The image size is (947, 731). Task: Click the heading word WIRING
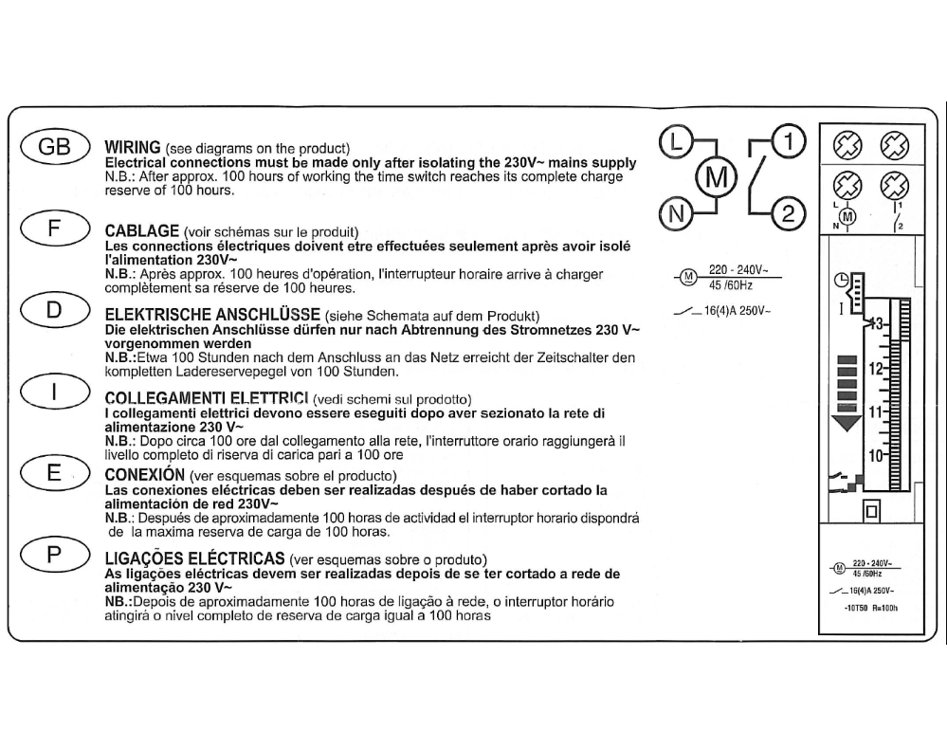pos(133,149)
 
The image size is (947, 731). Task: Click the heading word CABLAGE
pos(140,231)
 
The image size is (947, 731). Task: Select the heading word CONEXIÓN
pos(144,473)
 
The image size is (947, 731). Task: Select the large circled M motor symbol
pos(717,177)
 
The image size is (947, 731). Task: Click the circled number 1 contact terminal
pos(788,142)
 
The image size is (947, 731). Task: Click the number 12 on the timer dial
pos(875,368)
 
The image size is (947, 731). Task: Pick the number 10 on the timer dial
pos(875,455)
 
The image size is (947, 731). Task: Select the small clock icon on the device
pos(842,280)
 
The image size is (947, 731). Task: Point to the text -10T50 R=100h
pos(869,608)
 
